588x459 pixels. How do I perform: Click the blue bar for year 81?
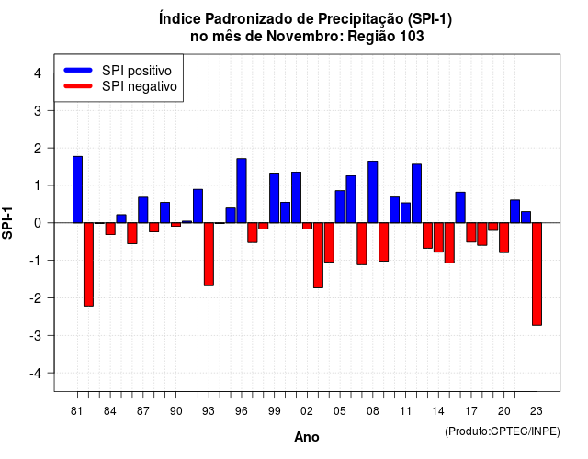click(x=77, y=190)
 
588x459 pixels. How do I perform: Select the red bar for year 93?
click(x=209, y=254)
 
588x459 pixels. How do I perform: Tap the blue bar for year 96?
click(x=242, y=191)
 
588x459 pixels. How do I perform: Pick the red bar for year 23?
click(x=537, y=274)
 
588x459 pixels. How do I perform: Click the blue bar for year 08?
click(x=373, y=192)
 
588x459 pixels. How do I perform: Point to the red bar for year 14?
click(x=438, y=238)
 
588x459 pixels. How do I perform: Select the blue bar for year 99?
click(x=275, y=198)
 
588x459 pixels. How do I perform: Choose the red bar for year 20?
click(x=504, y=238)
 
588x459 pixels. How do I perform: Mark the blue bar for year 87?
click(x=143, y=210)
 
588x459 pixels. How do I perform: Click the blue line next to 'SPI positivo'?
click(x=78, y=70)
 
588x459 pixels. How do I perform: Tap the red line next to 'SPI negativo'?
click(x=78, y=86)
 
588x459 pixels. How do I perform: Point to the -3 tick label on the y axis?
click(x=36, y=336)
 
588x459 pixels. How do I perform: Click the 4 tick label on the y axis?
click(x=38, y=73)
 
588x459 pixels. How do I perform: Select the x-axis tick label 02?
click(x=307, y=411)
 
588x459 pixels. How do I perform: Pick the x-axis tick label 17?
click(x=471, y=411)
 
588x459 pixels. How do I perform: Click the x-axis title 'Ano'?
click(x=307, y=437)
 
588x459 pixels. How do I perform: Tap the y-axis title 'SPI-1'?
click(x=7, y=223)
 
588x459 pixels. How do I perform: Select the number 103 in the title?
click(x=412, y=37)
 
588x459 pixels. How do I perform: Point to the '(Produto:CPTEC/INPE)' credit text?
click(x=503, y=431)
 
